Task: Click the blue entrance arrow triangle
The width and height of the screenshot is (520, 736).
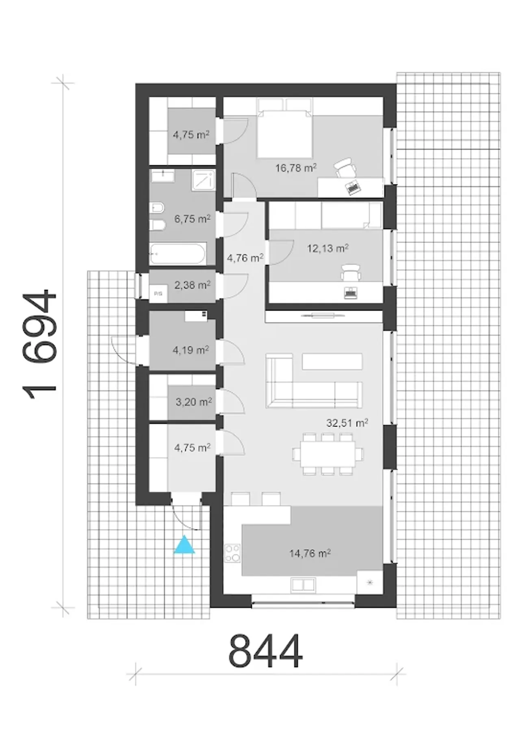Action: click(184, 545)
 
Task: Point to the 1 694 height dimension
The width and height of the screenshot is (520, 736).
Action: click(39, 345)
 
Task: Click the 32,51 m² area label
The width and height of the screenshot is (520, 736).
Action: click(347, 423)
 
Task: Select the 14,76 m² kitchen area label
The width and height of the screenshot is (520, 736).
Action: click(310, 553)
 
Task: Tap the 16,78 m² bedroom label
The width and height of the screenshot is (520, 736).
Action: click(296, 168)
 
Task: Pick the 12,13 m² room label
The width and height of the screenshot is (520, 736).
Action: click(328, 248)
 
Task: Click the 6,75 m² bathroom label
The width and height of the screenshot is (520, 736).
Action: click(193, 219)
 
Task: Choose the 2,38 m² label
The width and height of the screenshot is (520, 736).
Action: click(193, 285)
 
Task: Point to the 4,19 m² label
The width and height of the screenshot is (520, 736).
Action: click(191, 350)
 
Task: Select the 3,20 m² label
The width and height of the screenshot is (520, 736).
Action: click(194, 402)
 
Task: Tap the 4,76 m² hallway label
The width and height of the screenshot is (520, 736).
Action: click(245, 258)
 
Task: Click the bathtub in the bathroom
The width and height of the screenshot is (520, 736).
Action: click(178, 254)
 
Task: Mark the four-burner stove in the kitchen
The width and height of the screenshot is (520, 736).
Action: click(233, 553)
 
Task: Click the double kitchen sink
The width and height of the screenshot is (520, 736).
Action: click(303, 585)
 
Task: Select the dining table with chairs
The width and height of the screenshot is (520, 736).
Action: click(328, 454)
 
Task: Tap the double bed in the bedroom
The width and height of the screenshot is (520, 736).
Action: click(284, 128)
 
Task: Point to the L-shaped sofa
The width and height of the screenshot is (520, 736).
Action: click(314, 381)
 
